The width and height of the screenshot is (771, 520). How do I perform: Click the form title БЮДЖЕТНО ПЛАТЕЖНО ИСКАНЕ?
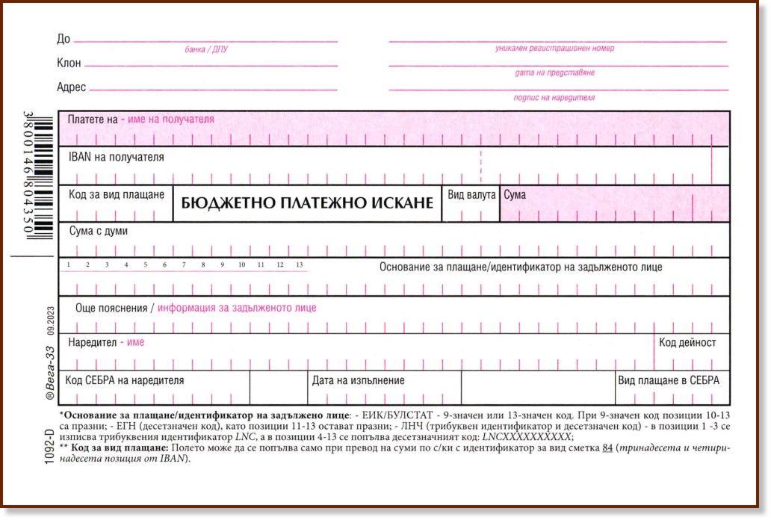[x=307, y=203]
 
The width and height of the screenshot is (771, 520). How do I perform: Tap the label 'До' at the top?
[x=64, y=39]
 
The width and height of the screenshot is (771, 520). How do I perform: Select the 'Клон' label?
[x=69, y=64]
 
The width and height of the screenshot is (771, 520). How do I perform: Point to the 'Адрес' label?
[x=72, y=87]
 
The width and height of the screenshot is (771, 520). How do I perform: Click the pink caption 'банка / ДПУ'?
[x=205, y=50]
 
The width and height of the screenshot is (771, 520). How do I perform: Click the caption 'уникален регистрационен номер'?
[x=554, y=49]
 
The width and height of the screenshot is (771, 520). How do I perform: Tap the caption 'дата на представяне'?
[x=554, y=73]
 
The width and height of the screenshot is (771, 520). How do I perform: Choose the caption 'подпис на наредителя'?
[x=554, y=98]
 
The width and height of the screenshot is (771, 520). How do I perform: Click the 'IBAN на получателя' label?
[x=116, y=157]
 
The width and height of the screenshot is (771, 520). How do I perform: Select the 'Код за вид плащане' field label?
[x=117, y=194]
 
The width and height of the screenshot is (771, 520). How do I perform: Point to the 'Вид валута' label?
[x=471, y=194]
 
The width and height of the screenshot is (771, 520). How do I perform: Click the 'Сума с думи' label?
[x=98, y=231]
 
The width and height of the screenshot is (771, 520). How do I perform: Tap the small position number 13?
[x=300, y=265]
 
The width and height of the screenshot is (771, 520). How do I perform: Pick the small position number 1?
[x=68, y=265]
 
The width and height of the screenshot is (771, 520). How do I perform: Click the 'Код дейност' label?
[x=687, y=342]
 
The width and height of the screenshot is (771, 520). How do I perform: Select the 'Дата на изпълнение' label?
[x=359, y=380]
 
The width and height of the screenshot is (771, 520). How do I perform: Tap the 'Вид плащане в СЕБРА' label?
[x=669, y=380]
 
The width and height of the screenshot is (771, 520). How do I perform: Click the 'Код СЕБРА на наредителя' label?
[x=124, y=380]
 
